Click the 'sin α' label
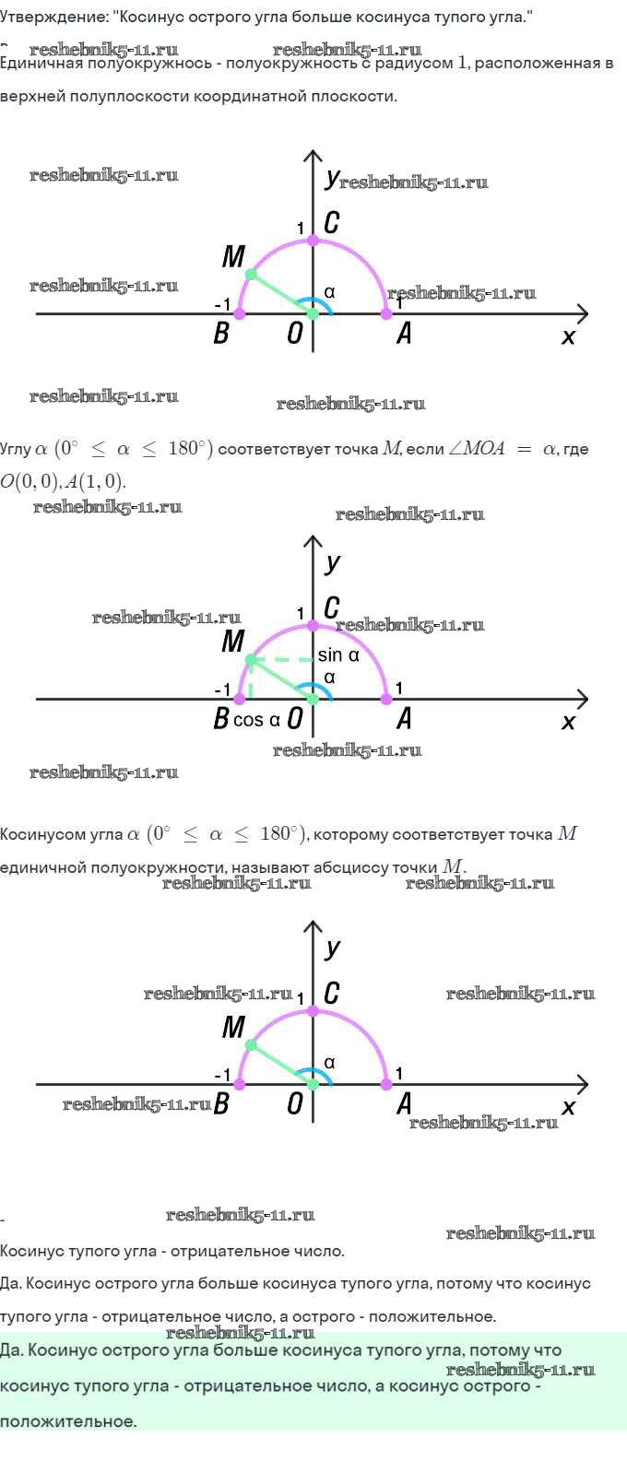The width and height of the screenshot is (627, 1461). tap(337, 655)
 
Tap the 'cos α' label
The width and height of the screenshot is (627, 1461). tap(256, 720)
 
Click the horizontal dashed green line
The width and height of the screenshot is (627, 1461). tap(281, 660)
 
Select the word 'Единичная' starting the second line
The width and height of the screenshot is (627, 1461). tap(41, 63)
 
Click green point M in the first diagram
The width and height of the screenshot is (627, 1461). tap(251, 275)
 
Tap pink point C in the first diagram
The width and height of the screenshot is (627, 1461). tap(313, 240)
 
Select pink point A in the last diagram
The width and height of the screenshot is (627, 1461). tap(386, 1085)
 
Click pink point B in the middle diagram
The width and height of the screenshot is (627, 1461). tap(240, 700)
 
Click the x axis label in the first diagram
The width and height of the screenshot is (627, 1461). tap(568, 337)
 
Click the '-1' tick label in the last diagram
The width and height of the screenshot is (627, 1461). tap(222, 1075)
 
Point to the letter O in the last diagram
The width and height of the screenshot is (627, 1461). tap(295, 1103)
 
